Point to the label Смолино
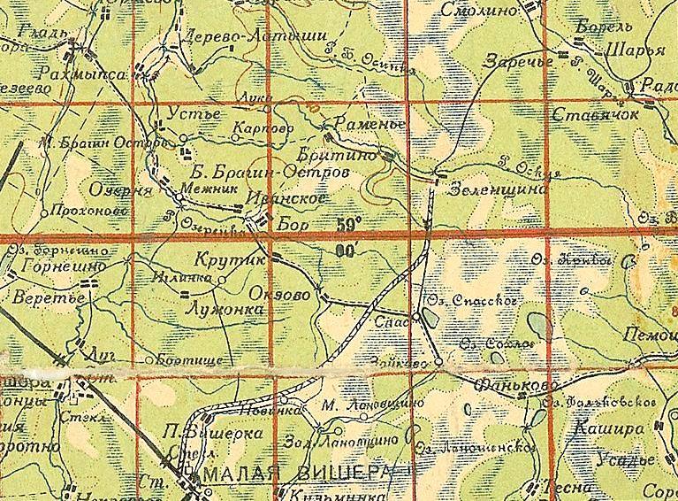(483, 12)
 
